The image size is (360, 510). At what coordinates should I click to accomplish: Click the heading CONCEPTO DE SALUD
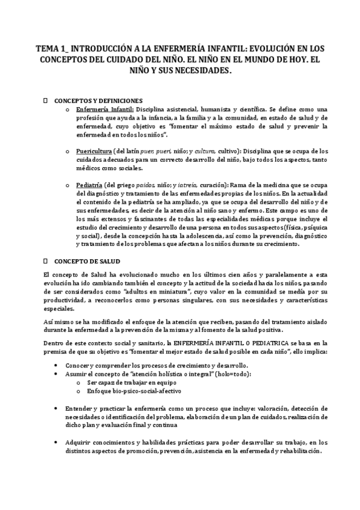pyautogui.click(x=87, y=262)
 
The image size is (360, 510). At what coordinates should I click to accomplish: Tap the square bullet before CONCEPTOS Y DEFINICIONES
pyautogui.click(x=47, y=100)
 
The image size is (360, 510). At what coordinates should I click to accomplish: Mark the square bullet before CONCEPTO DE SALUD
pyautogui.click(x=47, y=262)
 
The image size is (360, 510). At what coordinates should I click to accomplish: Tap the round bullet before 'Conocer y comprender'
pyautogui.click(x=56, y=365)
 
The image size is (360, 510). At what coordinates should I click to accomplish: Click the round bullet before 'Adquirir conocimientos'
pyautogui.click(x=56, y=443)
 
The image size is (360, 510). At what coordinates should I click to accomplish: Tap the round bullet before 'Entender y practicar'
pyautogui.click(x=56, y=407)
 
